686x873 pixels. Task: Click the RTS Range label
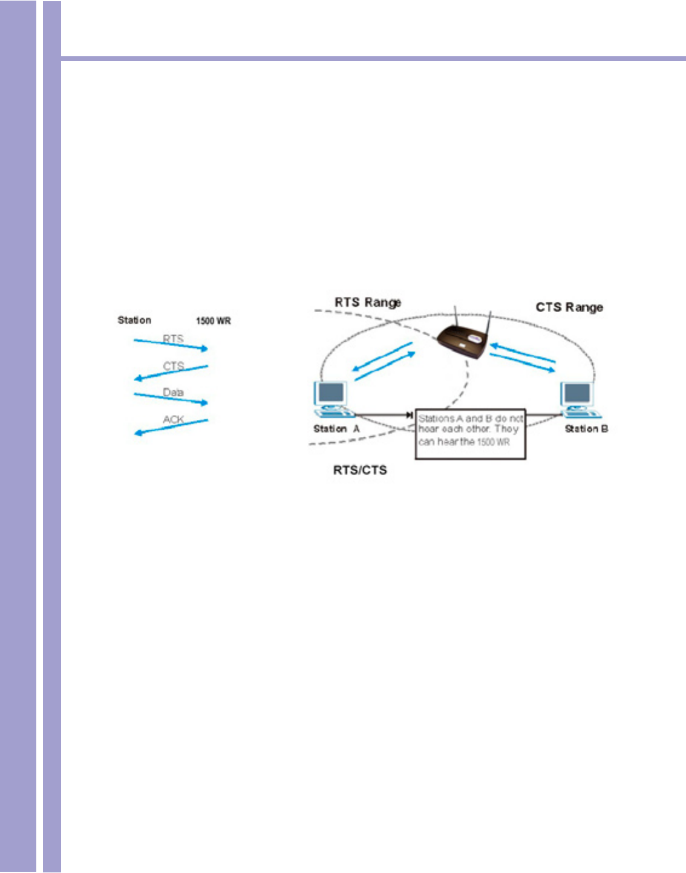[x=368, y=302]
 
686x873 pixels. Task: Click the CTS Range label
[x=569, y=307]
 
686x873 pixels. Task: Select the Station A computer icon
[x=332, y=399]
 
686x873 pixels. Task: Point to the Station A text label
[x=336, y=429]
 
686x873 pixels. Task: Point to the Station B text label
[x=586, y=429]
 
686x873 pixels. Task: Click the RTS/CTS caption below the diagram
[x=360, y=470]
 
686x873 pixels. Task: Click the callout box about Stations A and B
[x=470, y=433]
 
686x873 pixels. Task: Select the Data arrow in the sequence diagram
[x=171, y=398]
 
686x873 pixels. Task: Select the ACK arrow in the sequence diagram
[x=171, y=426]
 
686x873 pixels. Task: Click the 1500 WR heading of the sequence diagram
[x=213, y=321]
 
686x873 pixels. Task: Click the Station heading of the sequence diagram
[x=134, y=320]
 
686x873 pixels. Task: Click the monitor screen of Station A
[x=331, y=393]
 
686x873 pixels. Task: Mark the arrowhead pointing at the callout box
[x=410, y=415]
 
